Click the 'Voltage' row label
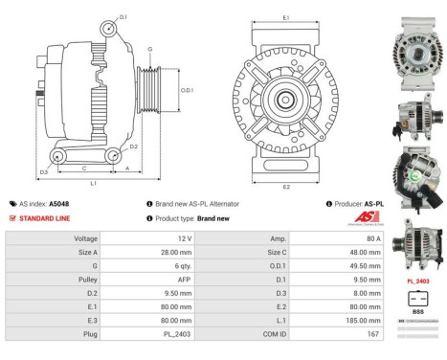pyautogui.click(x=87, y=236)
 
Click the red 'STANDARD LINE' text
pyautogui.click(x=46, y=218)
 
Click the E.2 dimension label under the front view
pyautogui.click(x=287, y=188)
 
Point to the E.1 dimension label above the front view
pyautogui.click(x=286, y=17)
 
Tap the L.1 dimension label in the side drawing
pyautogui.click(x=93, y=182)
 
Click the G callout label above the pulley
pyautogui.click(x=150, y=49)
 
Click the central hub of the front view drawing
pyautogui.click(x=286, y=101)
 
